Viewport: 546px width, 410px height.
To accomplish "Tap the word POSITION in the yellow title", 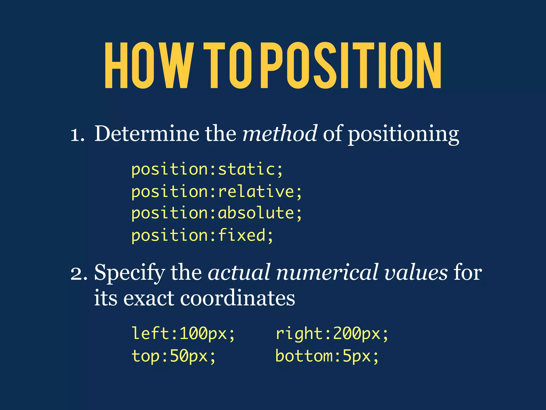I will pyautogui.click(x=351, y=65).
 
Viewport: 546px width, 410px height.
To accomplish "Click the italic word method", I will pyautogui.click(x=280, y=133).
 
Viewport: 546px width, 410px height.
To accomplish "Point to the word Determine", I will pyautogui.click(x=147, y=133).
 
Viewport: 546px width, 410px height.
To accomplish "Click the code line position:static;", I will pyautogui.click(x=207, y=169).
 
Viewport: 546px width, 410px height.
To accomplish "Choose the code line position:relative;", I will pyautogui.click(x=216, y=192).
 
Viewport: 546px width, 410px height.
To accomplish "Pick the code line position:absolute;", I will pyautogui.click(x=216, y=213).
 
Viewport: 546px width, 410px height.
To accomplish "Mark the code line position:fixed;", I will pyautogui.click(x=202, y=235).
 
